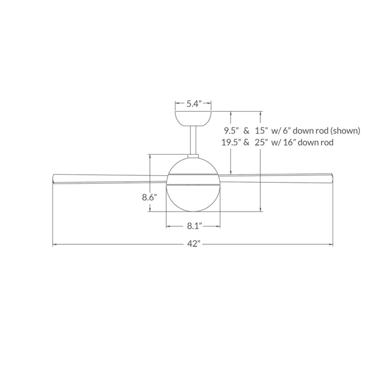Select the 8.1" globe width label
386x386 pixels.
tap(195, 226)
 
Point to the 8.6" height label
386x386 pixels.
tap(149, 197)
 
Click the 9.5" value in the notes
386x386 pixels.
tap(231, 131)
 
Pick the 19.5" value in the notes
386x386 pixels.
tap(230, 142)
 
